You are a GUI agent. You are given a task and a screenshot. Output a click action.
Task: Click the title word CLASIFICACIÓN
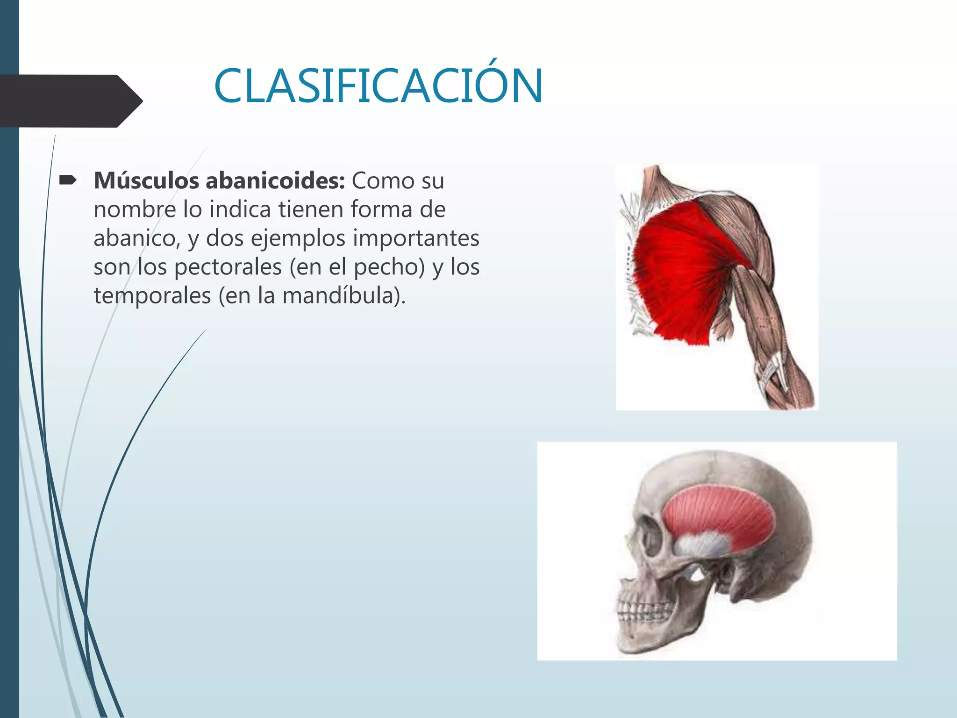tap(379, 86)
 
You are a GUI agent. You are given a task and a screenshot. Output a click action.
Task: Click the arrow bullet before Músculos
tap(68, 180)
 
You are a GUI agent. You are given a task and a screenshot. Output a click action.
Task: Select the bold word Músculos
tap(146, 181)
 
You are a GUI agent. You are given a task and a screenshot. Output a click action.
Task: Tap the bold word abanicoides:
tap(275, 181)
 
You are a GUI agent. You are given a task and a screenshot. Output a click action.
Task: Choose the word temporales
tap(152, 296)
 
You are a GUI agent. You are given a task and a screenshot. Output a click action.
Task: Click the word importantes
tap(416, 238)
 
